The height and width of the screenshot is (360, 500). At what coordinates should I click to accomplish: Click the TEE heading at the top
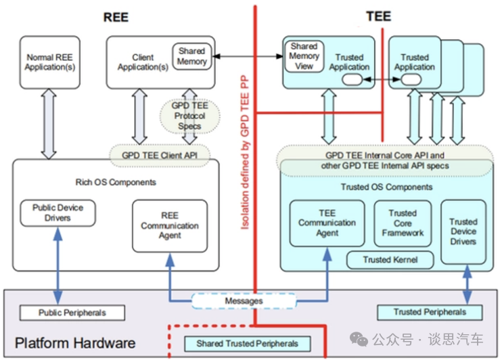click(x=378, y=16)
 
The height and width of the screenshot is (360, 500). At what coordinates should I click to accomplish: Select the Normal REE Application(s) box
click(x=49, y=62)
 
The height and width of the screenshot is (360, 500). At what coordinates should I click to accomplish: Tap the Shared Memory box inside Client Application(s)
click(x=191, y=56)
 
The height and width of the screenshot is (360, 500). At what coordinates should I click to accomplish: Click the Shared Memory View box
click(x=304, y=57)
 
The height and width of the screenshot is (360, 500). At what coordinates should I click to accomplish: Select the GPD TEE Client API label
click(x=160, y=155)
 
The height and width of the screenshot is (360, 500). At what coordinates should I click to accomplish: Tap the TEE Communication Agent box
click(x=327, y=223)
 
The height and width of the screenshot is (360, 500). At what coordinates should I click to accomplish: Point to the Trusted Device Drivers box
click(x=463, y=231)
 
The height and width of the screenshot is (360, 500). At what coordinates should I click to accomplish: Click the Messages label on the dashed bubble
click(x=244, y=300)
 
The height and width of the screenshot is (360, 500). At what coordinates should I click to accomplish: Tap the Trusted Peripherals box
click(x=430, y=312)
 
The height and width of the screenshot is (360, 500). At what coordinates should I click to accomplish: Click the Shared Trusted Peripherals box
click(x=247, y=343)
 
